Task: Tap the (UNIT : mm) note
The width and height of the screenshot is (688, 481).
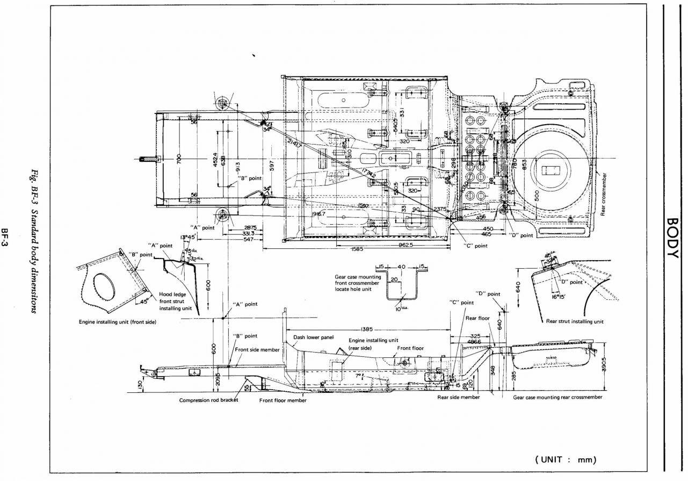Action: point(566,460)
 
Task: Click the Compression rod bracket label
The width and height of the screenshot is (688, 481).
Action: point(208,400)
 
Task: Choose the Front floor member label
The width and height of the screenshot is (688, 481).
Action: point(283,400)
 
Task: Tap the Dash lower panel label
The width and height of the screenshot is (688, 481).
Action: point(314,338)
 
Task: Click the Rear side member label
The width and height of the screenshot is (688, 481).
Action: point(458,397)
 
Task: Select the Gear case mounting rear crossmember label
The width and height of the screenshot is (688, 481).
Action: point(557,397)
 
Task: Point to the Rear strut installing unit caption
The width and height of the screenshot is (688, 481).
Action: point(575,321)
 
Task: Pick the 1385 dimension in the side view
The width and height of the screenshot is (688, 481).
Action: point(367,329)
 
